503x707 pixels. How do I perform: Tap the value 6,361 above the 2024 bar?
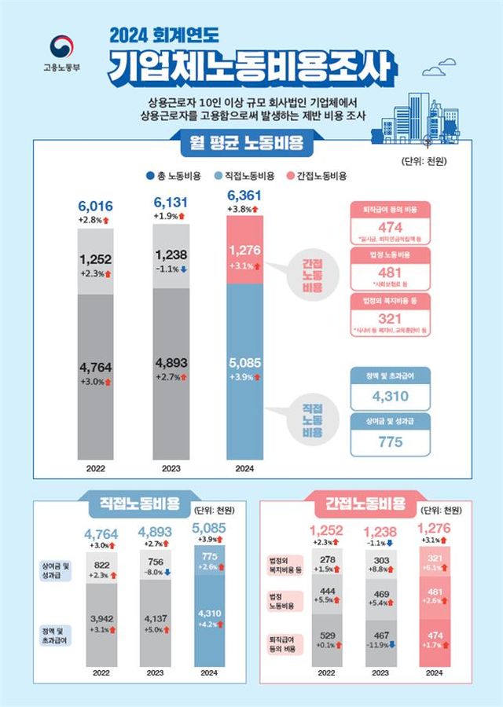[x=244, y=196]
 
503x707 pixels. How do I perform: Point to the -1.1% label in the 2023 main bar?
[x=171, y=267]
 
